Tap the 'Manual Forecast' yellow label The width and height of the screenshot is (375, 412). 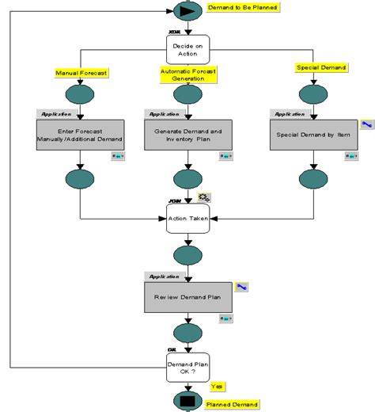[x=81, y=72]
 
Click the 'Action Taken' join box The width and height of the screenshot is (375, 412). [x=188, y=218]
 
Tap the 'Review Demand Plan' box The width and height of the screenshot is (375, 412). [x=188, y=297]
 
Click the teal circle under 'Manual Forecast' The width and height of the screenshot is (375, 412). [x=80, y=95]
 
